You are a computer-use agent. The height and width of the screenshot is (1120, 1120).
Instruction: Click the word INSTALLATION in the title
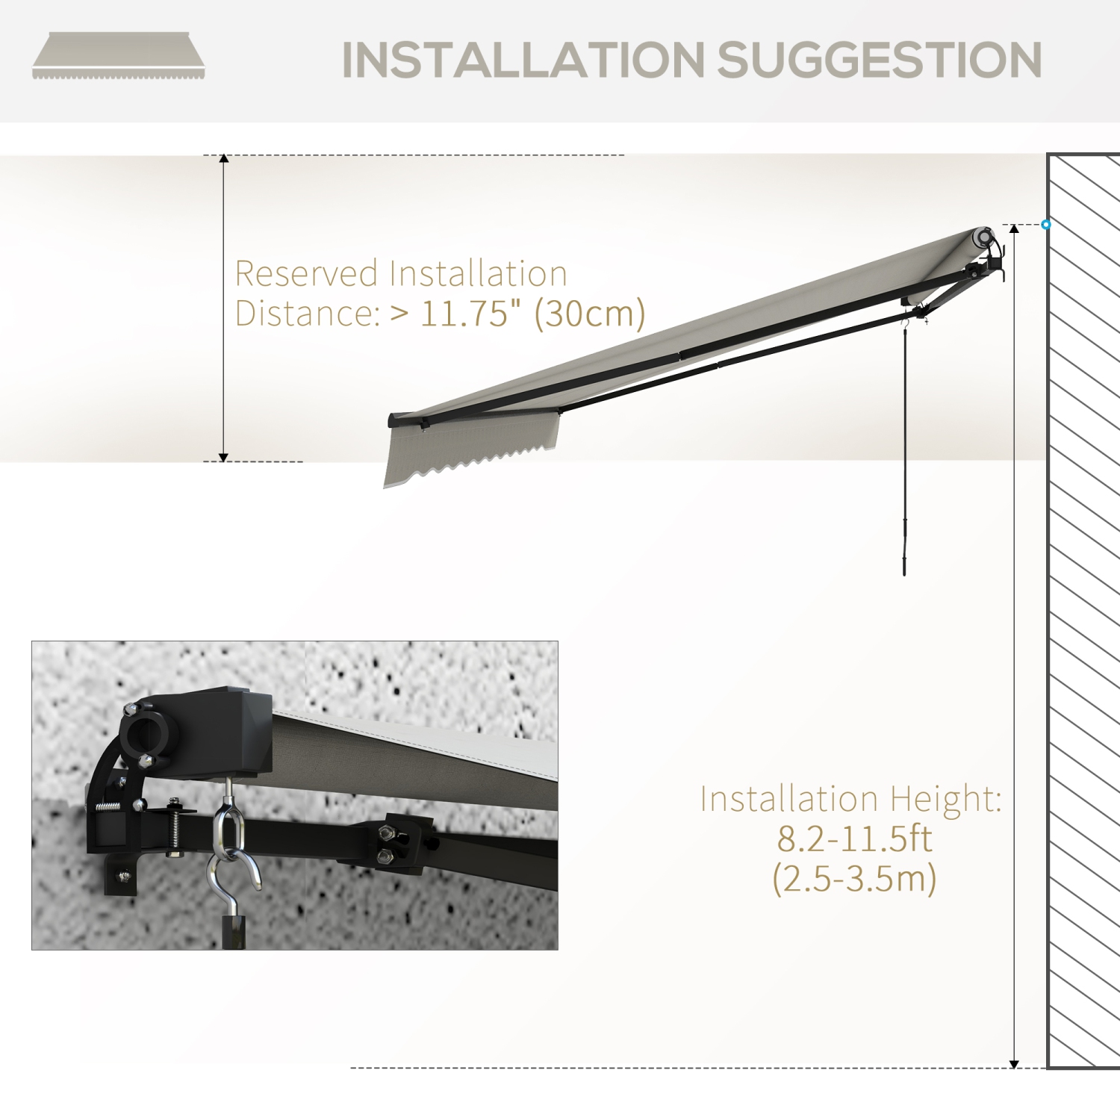(523, 60)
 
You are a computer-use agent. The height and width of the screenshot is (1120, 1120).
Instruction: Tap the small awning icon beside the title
(118, 55)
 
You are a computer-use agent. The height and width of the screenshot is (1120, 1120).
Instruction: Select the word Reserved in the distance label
(306, 274)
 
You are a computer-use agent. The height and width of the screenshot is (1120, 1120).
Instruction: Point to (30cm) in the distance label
(590, 314)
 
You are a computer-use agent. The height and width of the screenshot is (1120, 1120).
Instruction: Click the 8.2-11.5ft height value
(854, 839)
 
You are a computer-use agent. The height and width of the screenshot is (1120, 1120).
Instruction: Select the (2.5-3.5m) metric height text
(854, 878)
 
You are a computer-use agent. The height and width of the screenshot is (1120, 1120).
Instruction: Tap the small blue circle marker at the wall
(1046, 224)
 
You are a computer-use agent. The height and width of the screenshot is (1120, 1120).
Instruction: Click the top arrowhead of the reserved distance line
(223, 159)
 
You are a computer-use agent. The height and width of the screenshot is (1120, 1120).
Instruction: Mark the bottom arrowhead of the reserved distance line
(223, 457)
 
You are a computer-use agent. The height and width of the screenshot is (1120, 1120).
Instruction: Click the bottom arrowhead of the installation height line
(1014, 1063)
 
